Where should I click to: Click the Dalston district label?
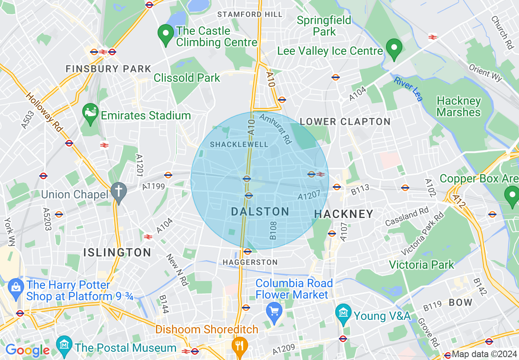(260, 211)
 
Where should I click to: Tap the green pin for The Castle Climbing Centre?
(166, 35)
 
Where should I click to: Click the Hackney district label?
(344, 214)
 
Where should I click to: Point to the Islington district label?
(117, 252)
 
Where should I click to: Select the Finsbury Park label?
(108, 69)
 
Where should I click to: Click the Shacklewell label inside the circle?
(239, 144)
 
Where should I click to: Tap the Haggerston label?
(250, 262)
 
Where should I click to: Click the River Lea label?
(408, 88)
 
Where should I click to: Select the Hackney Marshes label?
(458, 106)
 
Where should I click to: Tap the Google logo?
(27, 350)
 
